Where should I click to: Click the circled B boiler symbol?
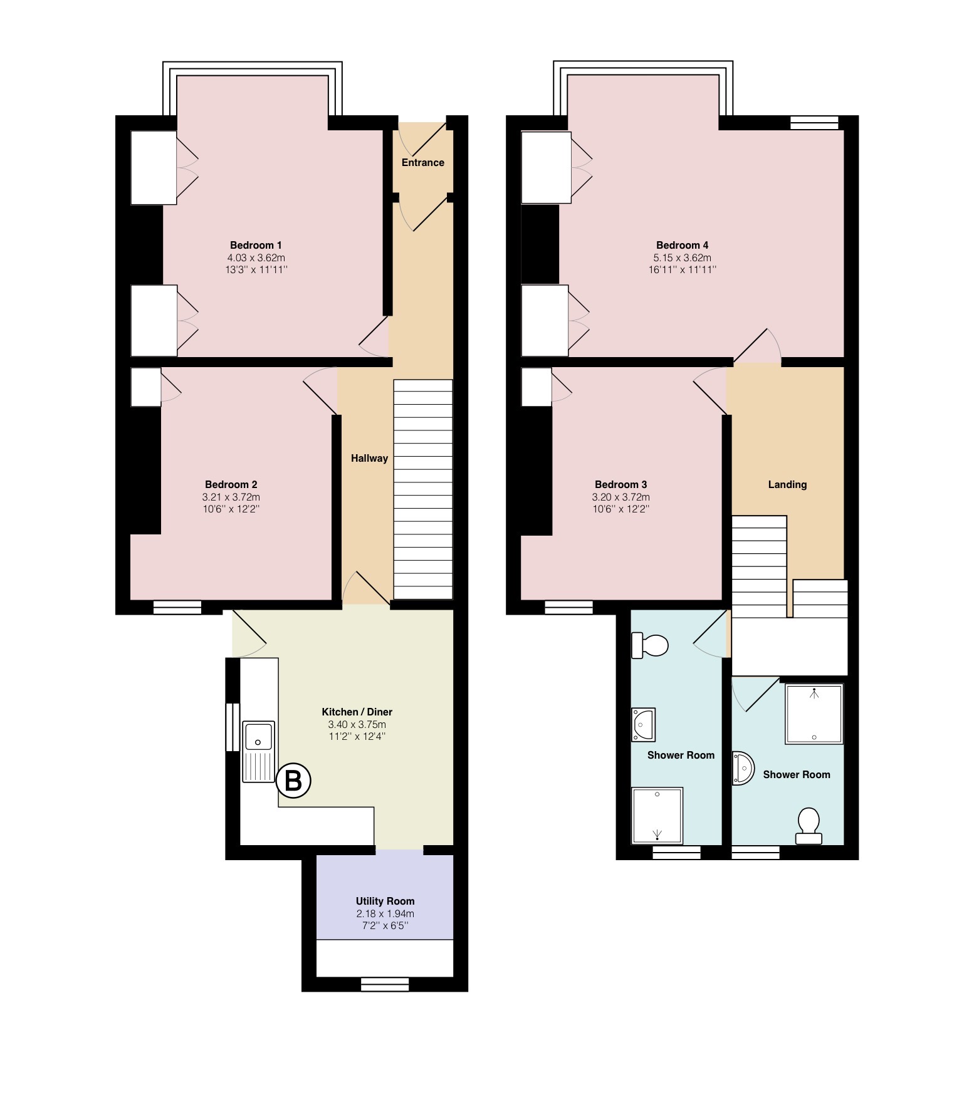293,781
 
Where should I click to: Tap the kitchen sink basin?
259,736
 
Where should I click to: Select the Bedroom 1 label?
256,245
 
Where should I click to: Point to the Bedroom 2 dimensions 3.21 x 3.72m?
231,497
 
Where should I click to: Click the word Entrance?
423,162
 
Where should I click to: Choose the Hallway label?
369,458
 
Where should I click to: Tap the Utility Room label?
385,901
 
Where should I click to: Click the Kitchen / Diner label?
357,712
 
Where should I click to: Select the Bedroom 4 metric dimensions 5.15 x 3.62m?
682,257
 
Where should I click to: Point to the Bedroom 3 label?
621,484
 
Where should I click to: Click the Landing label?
787,484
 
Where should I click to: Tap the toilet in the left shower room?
650,645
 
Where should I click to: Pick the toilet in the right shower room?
809,826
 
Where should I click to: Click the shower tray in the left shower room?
657,815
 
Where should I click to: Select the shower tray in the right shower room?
814,714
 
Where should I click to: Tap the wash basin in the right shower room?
743,768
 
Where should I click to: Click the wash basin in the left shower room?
643,725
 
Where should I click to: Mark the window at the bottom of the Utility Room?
385,984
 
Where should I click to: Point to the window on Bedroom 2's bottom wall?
177,607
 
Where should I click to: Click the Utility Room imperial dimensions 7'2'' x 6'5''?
385,925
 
